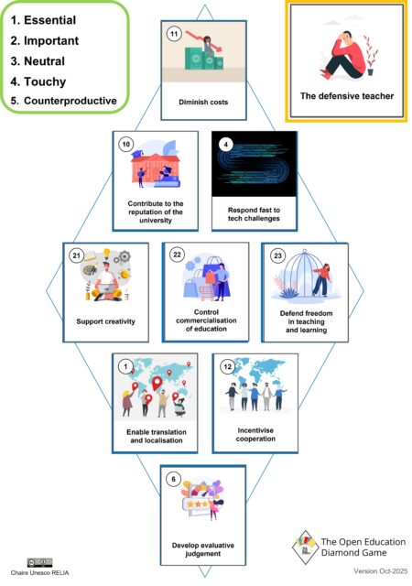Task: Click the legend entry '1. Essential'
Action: click(51, 21)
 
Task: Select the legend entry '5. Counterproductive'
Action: click(63, 100)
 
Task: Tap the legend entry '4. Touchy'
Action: click(44, 80)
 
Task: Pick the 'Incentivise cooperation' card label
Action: click(255, 429)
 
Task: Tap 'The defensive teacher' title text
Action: click(347, 96)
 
